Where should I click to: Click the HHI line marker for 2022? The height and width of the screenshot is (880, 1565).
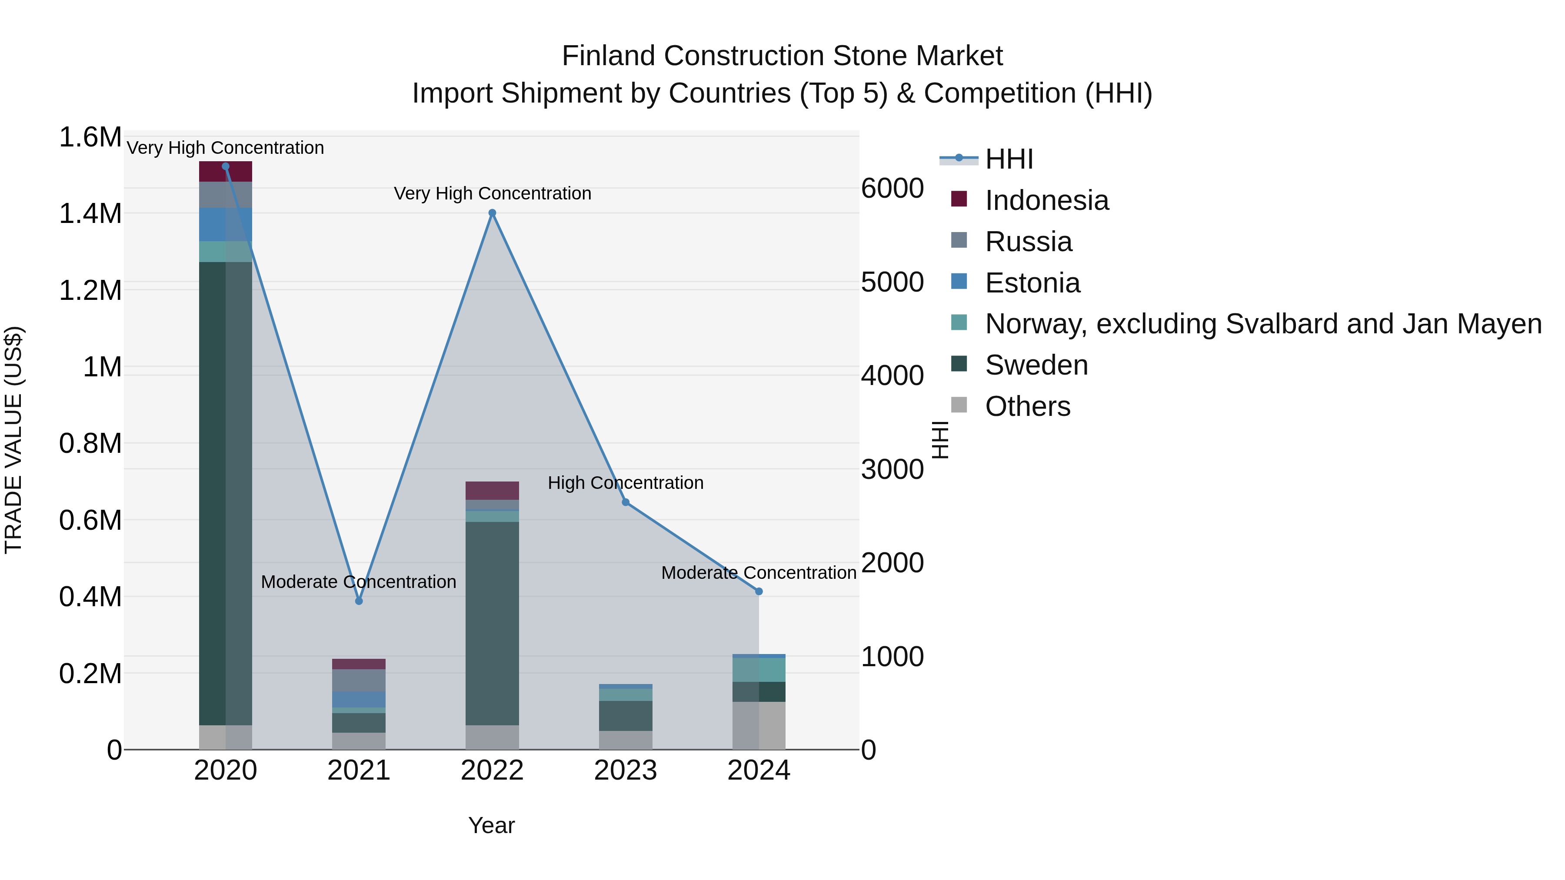pos(492,213)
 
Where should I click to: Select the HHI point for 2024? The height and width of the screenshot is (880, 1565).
pos(759,591)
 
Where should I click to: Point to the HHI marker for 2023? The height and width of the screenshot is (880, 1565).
pos(626,502)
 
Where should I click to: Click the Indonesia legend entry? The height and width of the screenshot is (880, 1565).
pos(1046,200)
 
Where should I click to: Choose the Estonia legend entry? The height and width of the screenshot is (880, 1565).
pos(1032,283)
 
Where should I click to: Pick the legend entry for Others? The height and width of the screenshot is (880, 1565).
pos(1027,406)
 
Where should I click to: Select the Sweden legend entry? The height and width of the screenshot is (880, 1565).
pos(1036,365)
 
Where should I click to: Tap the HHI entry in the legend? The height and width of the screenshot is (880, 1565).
pos(1009,159)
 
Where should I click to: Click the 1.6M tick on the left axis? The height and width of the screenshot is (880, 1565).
pos(90,137)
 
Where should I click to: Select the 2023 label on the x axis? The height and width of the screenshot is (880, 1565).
pos(626,770)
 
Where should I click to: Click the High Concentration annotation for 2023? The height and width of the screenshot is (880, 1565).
pos(626,483)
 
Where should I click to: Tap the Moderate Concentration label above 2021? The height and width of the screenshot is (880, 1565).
pos(359,582)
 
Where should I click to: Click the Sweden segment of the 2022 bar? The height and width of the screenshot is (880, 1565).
pos(492,622)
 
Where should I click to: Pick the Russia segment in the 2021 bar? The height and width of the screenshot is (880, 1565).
pos(359,680)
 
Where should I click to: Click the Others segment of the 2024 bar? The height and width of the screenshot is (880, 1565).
pos(759,725)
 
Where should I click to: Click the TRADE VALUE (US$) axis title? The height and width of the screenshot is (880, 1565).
pos(13,440)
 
